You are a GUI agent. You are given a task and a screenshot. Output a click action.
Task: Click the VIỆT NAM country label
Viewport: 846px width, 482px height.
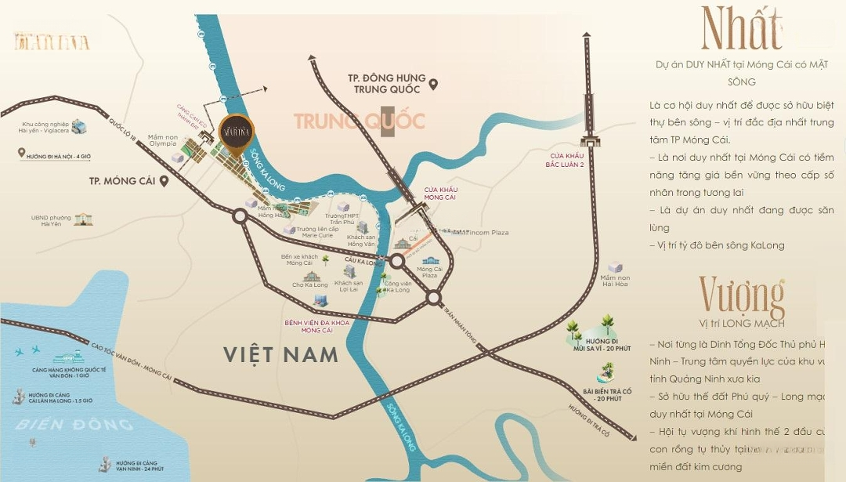[x=280, y=354]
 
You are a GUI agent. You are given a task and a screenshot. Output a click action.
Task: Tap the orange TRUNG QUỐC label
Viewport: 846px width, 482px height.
[x=360, y=121]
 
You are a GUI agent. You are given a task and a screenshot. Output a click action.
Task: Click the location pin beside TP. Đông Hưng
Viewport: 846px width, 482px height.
[x=432, y=84]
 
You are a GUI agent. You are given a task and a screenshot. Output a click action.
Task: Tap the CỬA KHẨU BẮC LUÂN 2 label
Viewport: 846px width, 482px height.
[x=566, y=160]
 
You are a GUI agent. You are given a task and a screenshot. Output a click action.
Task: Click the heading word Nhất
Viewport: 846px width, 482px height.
[x=740, y=29]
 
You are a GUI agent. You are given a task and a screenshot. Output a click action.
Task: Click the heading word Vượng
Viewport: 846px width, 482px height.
[x=741, y=296]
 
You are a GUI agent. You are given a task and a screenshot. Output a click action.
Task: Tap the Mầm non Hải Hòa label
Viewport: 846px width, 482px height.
[x=615, y=281]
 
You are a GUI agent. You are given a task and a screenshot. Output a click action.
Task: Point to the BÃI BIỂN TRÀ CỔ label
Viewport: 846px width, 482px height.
[x=607, y=394]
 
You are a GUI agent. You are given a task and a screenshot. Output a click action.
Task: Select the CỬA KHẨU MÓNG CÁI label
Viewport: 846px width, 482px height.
[x=440, y=194]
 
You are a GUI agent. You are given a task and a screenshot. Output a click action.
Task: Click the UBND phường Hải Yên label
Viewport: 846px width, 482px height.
[x=45, y=220]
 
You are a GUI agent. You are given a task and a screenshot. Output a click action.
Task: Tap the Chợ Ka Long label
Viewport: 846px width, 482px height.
[x=309, y=285]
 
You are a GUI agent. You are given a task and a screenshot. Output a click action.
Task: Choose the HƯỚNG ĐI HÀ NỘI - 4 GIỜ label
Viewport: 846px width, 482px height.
[x=59, y=154]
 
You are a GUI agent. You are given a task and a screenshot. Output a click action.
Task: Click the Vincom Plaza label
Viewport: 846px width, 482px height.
[x=488, y=233]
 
